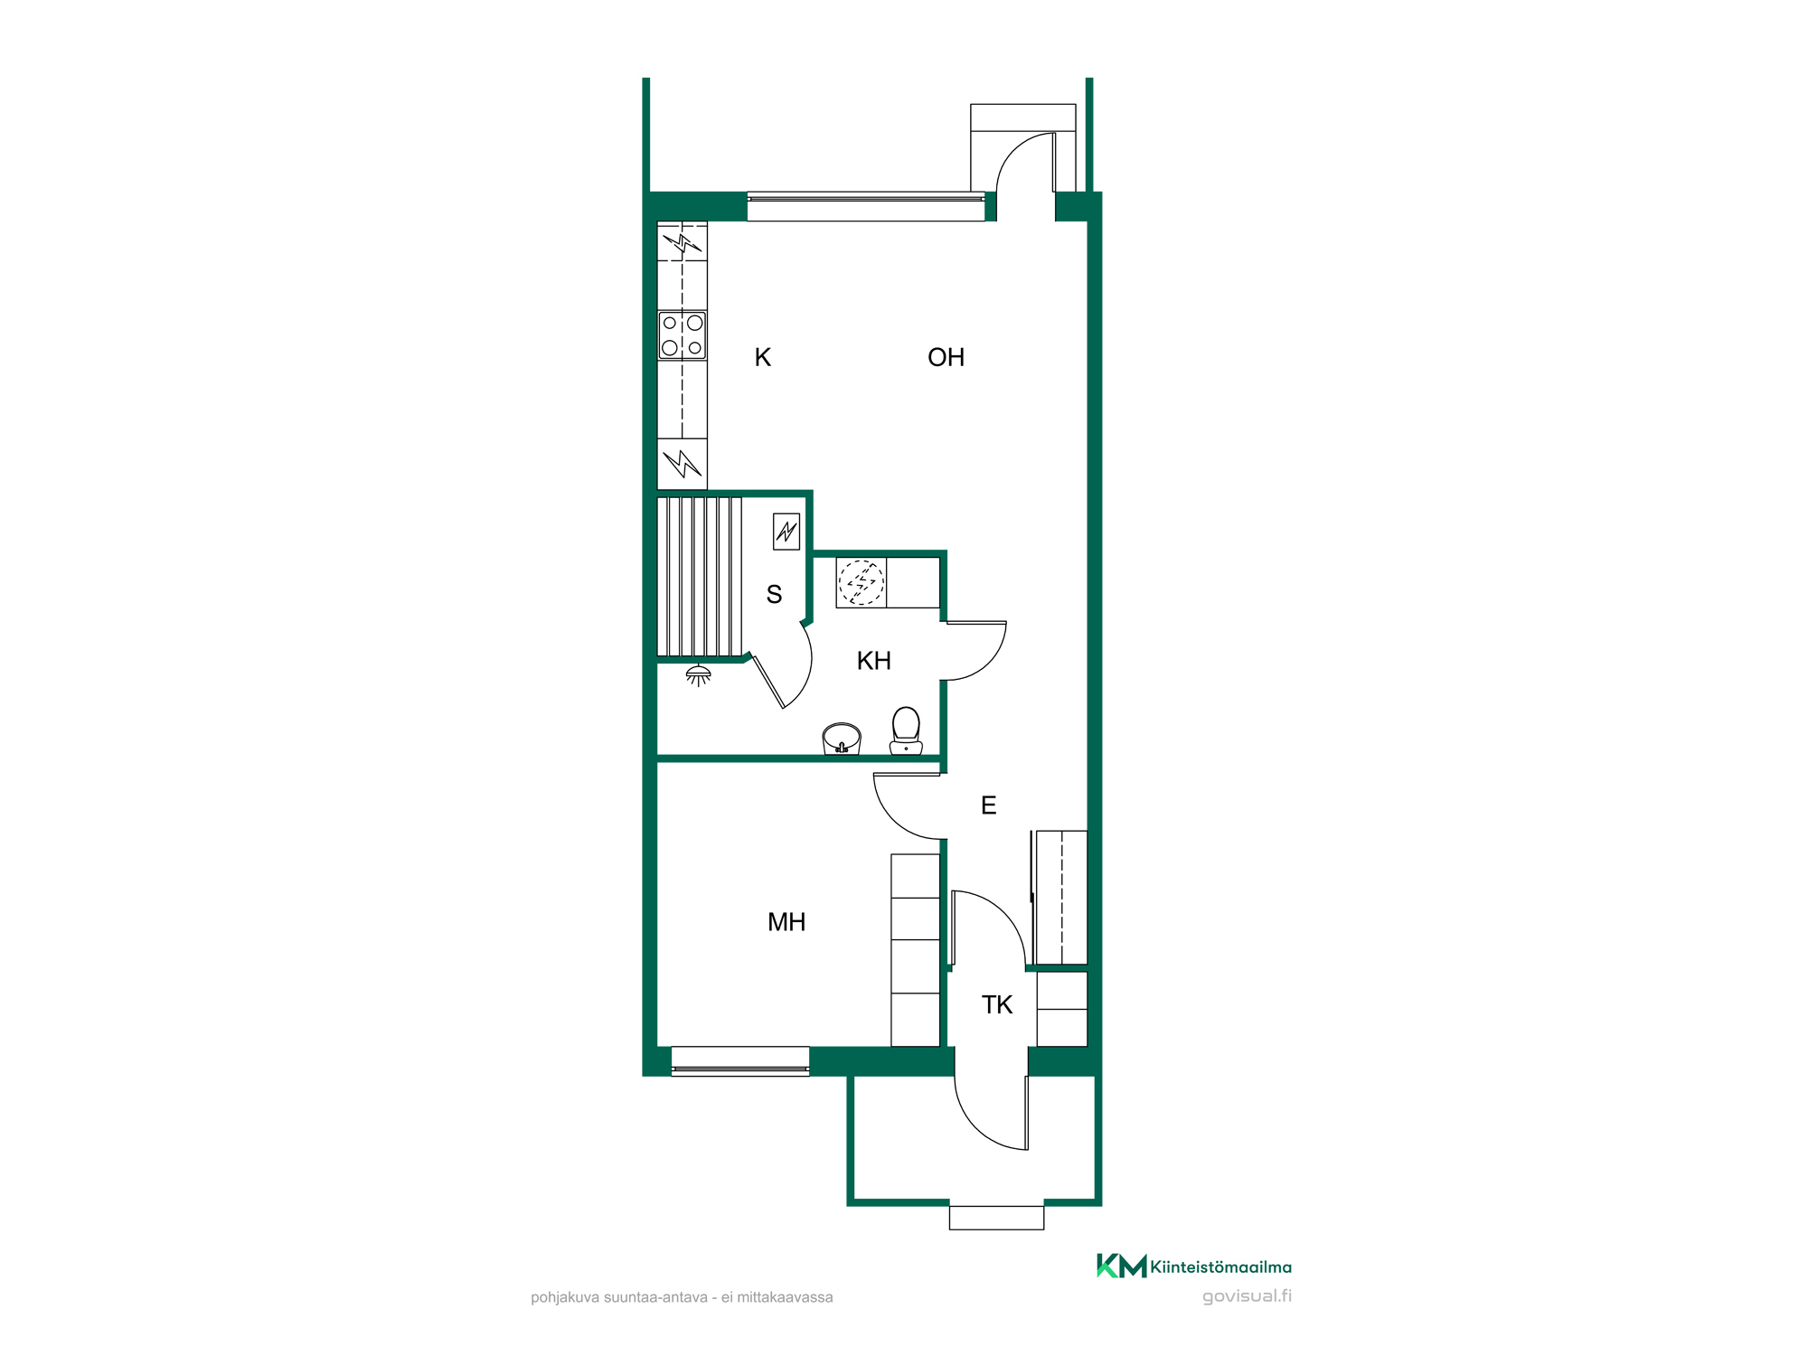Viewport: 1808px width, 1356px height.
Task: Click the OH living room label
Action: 946,357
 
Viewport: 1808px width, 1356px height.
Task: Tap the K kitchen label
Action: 762,357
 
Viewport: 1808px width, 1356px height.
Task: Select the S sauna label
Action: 774,594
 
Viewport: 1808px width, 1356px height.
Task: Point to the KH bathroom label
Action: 873,661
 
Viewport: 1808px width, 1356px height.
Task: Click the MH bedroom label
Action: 786,922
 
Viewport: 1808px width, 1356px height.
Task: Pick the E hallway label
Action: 988,805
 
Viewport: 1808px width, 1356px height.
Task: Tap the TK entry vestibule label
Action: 997,1004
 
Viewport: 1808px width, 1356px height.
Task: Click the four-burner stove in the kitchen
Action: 683,335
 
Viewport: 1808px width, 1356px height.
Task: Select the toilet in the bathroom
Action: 906,730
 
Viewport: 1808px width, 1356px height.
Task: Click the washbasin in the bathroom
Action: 842,739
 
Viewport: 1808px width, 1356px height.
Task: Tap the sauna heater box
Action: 786,532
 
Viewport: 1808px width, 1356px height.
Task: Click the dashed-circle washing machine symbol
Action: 861,582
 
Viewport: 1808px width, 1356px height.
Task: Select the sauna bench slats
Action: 699,576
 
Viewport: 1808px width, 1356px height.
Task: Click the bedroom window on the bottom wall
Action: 740,1061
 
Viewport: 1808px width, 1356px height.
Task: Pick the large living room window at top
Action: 866,207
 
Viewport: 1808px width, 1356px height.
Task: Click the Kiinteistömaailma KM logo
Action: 1193,1266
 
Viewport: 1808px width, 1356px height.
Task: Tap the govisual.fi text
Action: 1247,1296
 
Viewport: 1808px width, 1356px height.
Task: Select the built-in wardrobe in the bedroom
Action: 916,950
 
